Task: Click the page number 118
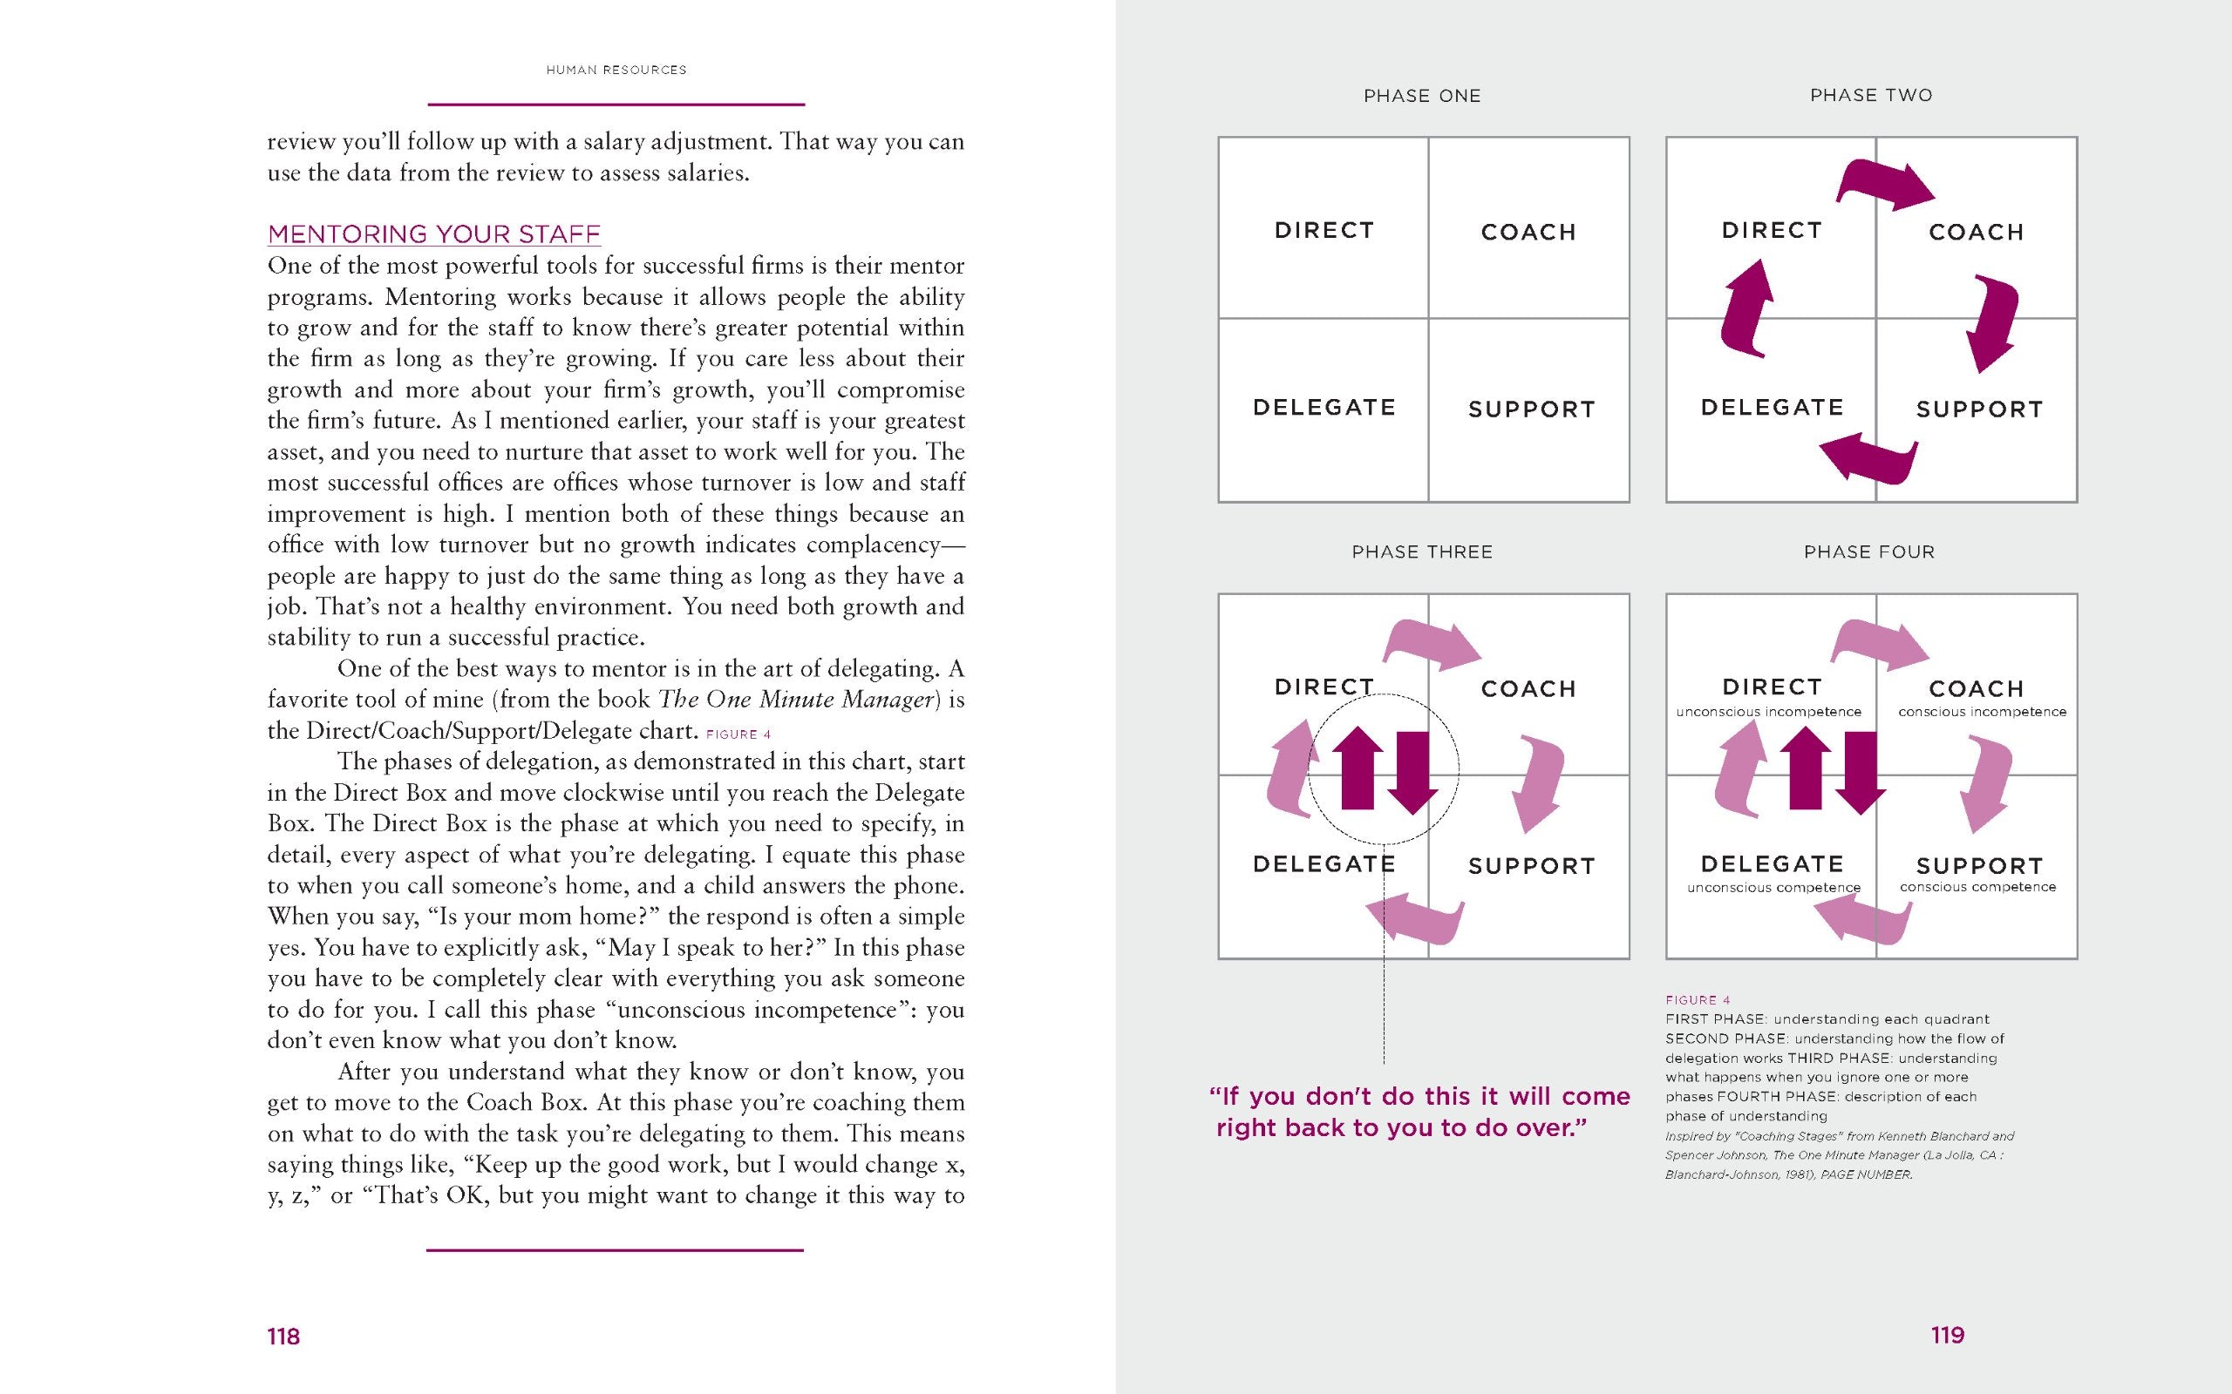pyautogui.click(x=283, y=1336)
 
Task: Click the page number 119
pyautogui.click(x=1947, y=1335)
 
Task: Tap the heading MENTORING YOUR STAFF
pyautogui.click(x=433, y=234)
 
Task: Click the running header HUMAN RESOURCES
pyautogui.click(x=616, y=70)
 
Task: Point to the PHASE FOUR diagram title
pyautogui.click(x=1869, y=552)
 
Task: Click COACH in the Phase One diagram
pyautogui.click(x=1528, y=233)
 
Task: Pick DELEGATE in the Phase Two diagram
pyautogui.click(x=1772, y=408)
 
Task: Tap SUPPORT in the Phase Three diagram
pyautogui.click(x=1532, y=867)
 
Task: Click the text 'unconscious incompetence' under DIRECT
pyautogui.click(x=1769, y=712)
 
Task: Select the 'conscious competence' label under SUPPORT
pyautogui.click(x=1977, y=887)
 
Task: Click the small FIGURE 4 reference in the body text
pyautogui.click(x=738, y=734)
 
